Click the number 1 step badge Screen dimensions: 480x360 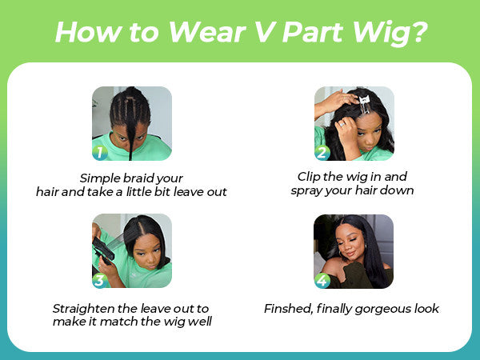[100, 152]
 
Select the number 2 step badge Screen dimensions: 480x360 [322, 152]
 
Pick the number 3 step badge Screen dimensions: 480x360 [100, 280]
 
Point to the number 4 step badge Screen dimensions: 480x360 [322, 281]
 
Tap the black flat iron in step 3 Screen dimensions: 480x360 [103, 250]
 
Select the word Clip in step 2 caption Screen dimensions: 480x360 [309, 177]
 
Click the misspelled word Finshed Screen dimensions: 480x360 [288, 309]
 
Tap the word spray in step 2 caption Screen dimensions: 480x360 [306, 191]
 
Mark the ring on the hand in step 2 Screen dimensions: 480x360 [342, 124]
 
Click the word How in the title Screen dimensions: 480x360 [89, 32]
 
